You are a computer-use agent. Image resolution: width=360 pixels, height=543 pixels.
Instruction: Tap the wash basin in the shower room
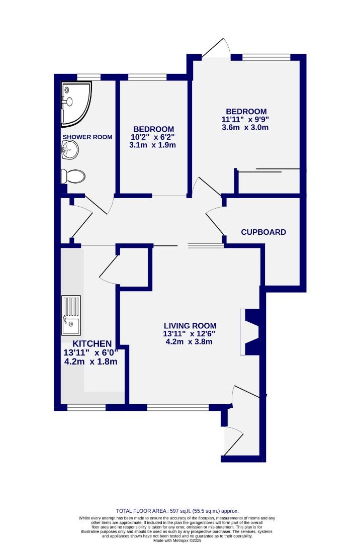69,149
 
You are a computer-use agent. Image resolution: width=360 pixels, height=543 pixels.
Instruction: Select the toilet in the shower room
73,176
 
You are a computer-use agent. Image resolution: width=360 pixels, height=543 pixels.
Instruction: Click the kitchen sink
71,315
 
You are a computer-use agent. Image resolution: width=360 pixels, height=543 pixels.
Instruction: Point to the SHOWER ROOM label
87,137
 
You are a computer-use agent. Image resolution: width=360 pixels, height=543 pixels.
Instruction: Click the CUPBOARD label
263,232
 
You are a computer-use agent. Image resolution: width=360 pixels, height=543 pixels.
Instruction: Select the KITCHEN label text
87,344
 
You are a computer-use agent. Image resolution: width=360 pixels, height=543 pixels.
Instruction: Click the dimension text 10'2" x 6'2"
153,137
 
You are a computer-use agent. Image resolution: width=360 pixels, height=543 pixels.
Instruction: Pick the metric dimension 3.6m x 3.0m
246,128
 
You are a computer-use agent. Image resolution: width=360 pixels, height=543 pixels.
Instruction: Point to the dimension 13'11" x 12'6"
189,333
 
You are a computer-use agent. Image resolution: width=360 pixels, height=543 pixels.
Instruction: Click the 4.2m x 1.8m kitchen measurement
91,361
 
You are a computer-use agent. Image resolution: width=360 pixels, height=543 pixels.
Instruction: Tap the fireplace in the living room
251,332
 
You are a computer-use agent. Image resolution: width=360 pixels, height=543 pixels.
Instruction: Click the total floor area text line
177,511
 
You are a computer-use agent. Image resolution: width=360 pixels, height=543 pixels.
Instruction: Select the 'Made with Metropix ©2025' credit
177,540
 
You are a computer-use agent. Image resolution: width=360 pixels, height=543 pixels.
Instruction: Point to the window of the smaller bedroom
147,77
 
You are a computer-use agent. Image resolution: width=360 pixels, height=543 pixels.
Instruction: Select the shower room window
88,77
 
